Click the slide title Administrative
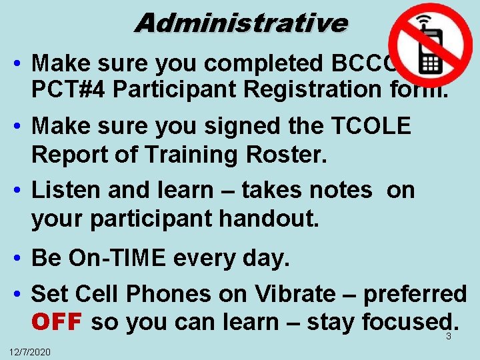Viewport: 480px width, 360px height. pyautogui.click(x=241, y=23)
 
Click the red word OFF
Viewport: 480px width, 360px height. pyautogui.click(x=56, y=322)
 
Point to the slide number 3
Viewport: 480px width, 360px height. pyautogui.click(x=449, y=337)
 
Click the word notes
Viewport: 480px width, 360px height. pyautogui.click(x=337, y=190)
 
